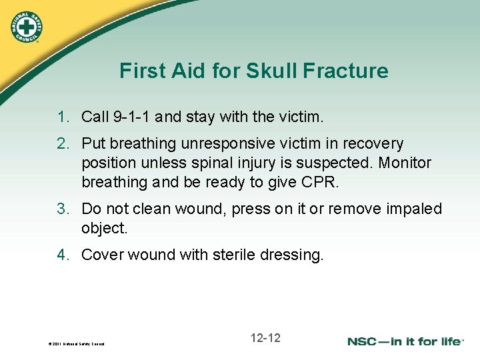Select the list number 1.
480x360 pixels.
click(63, 117)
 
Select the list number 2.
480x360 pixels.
click(63, 143)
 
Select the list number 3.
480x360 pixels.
click(63, 209)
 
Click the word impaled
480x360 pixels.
click(414, 209)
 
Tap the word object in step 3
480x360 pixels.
click(103, 228)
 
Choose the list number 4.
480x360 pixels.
click(63, 254)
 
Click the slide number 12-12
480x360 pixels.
click(265, 338)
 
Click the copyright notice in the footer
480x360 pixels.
click(77, 344)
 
